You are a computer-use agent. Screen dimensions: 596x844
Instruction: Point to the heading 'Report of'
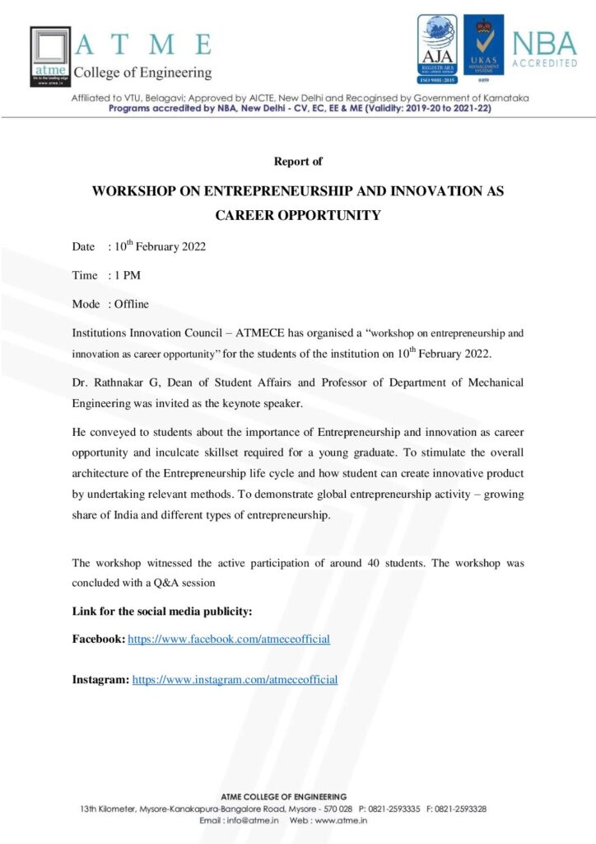(x=298, y=162)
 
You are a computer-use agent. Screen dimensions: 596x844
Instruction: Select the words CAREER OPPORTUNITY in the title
(x=298, y=216)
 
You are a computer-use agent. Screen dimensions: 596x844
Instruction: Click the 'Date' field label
(x=84, y=246)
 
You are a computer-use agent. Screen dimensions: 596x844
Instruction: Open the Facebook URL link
(x=229, y=639)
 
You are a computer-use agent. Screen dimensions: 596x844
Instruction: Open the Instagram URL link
(x=235, y=680)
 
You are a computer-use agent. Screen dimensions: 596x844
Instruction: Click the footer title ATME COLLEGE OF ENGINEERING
(x=283, y=796)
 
